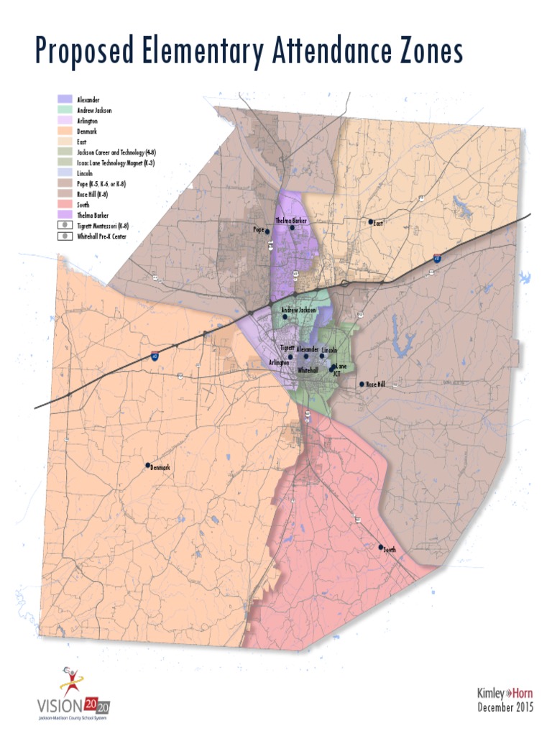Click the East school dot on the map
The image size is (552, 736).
(371, 222)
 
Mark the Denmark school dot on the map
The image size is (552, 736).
(148, 465)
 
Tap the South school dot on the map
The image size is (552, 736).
(381, 547)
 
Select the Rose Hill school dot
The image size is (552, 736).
(362, 385)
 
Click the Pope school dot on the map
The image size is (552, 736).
(267, 231)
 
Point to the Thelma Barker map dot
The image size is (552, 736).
(292, 228)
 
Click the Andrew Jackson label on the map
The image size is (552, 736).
(298, 310)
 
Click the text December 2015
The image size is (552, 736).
(505, 708)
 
